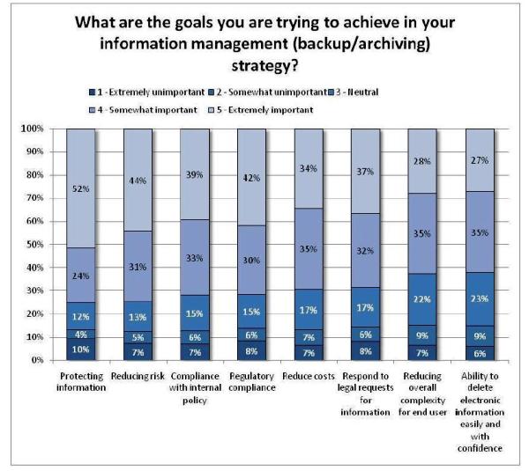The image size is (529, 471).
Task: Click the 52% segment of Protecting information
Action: click(x=86, y=188)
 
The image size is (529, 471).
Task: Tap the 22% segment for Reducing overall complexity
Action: click(x=423, y=299)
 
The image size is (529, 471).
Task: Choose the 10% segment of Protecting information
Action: click(x=86, y=349)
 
